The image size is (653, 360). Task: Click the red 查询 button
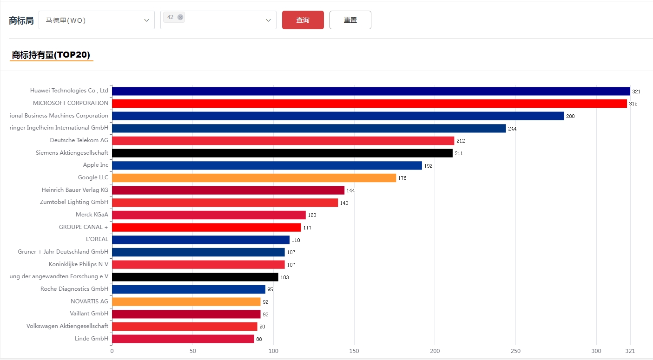click(x=303, y=20)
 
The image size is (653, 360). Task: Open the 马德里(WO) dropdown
click(x=96, y=20)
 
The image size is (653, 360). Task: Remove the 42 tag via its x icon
click(x=180, y=17)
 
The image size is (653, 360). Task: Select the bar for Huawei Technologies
click(x=371, y=91)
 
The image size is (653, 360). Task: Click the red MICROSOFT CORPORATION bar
click(x=369, y=104)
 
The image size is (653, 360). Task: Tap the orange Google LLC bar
click(x=254, y=178)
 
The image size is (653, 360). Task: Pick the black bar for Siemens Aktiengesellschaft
click(x=282, y=153)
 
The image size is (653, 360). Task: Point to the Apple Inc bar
click(x=267, y=165)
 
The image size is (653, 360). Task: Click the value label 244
click(x=512, y=129)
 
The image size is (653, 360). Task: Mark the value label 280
click(x=570, y=116)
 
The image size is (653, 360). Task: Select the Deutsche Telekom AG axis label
click(x=79, y=140)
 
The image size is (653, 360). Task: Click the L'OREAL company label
click(x=97, y=239)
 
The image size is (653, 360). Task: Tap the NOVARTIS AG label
click(x=89, y=301)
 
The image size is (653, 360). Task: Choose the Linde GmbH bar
click(x=183, y=339)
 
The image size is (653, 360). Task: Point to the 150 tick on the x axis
click(x=354, y=351)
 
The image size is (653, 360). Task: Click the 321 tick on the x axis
click(x=630, y=351)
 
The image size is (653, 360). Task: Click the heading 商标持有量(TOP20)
click(x=51, y=55)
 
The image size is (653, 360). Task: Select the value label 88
click(x=259, y=340)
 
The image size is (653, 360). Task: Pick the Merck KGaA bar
click(x=209, y=215)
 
